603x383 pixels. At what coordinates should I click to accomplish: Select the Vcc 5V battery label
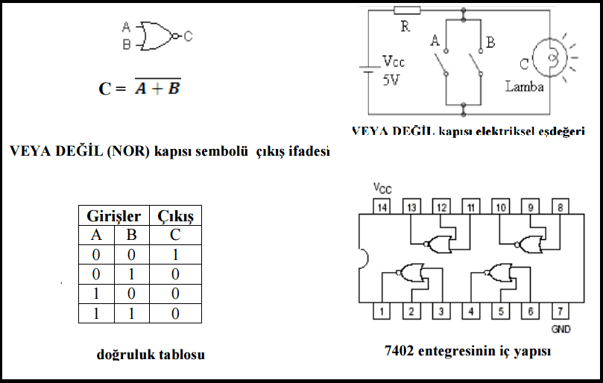392,70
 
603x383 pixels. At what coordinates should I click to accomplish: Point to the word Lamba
524,86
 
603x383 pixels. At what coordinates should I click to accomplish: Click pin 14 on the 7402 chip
382,206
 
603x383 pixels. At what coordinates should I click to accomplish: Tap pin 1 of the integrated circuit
382,312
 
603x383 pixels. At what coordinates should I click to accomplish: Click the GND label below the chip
561,329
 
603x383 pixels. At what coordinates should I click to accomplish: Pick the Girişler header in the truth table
114,216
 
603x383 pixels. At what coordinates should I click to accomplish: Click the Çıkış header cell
175,216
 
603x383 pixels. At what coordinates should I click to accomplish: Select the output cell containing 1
175,255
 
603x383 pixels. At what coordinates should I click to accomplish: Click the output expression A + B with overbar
158,89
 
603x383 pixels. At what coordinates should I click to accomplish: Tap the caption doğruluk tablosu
151,355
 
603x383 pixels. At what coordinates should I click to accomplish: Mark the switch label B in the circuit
490,42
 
